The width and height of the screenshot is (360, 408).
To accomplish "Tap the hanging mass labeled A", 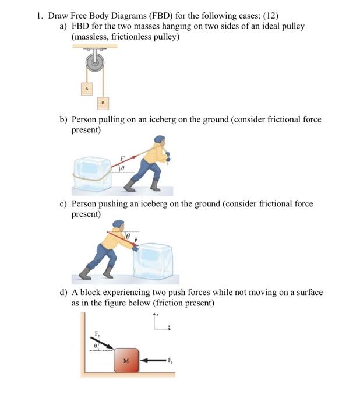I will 86,88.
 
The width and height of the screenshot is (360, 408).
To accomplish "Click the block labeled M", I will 126,360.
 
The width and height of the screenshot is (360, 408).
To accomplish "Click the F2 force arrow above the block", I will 104,344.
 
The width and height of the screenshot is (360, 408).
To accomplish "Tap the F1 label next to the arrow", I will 171,360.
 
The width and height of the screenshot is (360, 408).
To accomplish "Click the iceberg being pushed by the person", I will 153,263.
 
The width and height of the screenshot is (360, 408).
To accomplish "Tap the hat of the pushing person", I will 118,223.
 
